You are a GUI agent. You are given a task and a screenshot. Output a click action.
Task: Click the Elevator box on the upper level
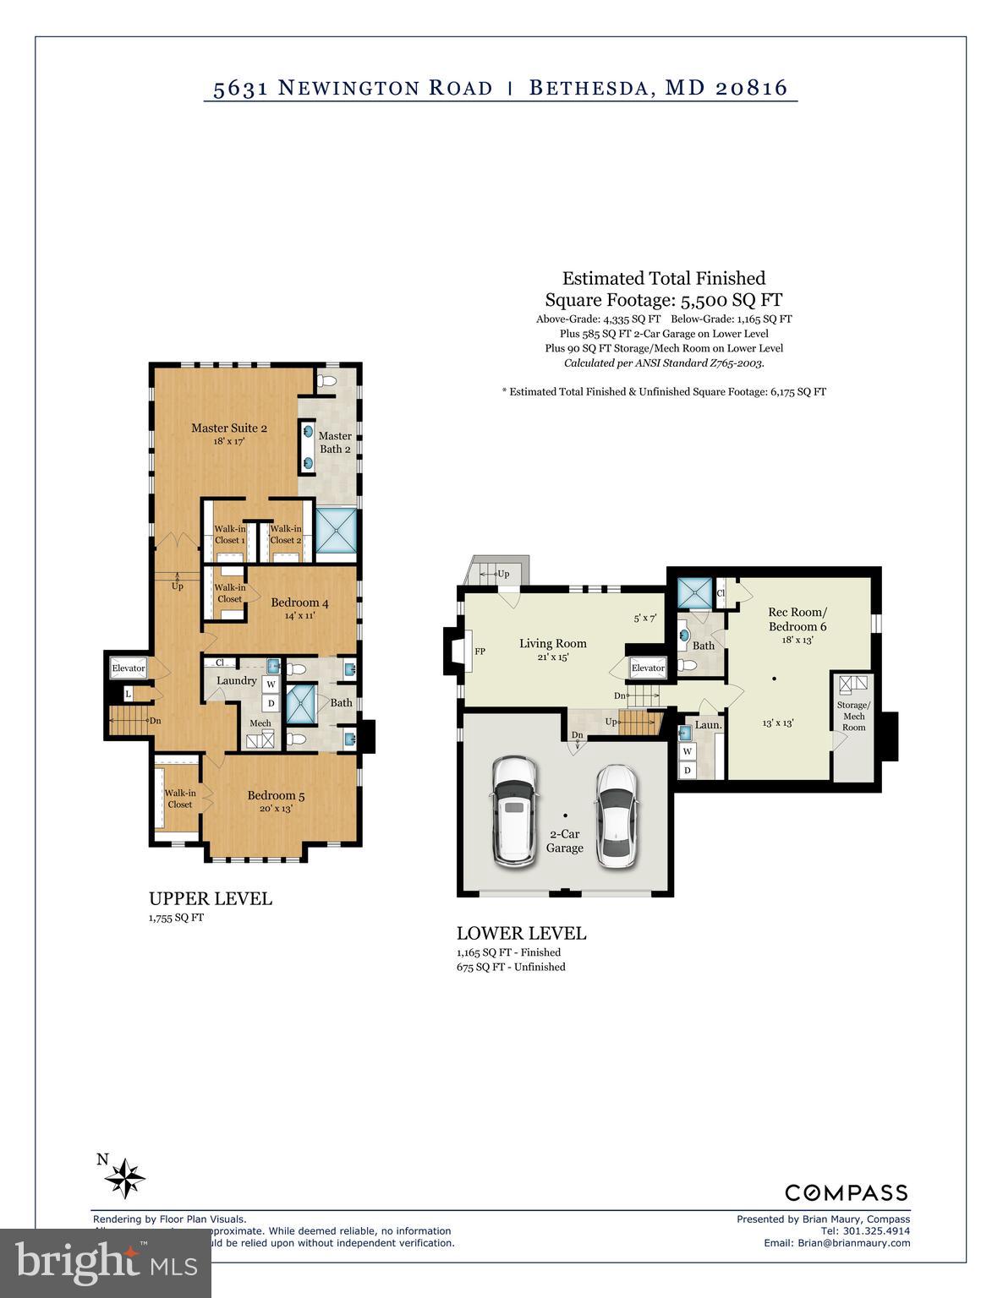[x=129, y=668]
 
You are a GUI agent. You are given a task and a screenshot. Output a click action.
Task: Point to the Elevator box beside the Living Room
[x=648, y=668]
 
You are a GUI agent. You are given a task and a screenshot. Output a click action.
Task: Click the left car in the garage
[x=514, y=810]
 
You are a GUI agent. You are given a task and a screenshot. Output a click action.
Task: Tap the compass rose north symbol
[x=125, y=1176]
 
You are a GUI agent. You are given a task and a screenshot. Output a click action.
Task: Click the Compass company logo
[x=846, y=1192]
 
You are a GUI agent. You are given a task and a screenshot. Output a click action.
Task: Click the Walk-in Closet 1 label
[x=229, y=534]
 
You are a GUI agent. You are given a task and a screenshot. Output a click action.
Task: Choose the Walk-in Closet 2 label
[x=286, y=534]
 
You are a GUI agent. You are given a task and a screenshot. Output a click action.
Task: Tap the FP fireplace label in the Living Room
[x=480, y=652]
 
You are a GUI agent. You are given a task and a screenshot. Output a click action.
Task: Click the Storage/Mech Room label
[x=852, y=716]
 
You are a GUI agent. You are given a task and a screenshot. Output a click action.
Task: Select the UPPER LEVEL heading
[x=211, y=899]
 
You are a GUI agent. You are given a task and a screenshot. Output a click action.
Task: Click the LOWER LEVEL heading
[x=521, y=934]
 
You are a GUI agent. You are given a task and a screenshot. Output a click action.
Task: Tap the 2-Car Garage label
[x=564, y=841]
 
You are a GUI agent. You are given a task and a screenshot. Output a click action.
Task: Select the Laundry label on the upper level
[x=236, y=680]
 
